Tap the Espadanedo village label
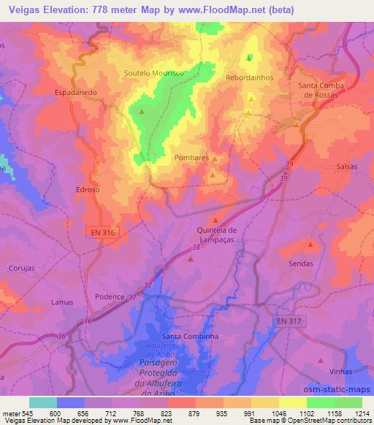76,93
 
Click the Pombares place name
192,157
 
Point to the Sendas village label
301,264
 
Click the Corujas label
22,269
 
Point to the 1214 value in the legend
361,413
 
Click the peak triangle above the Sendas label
310,245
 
